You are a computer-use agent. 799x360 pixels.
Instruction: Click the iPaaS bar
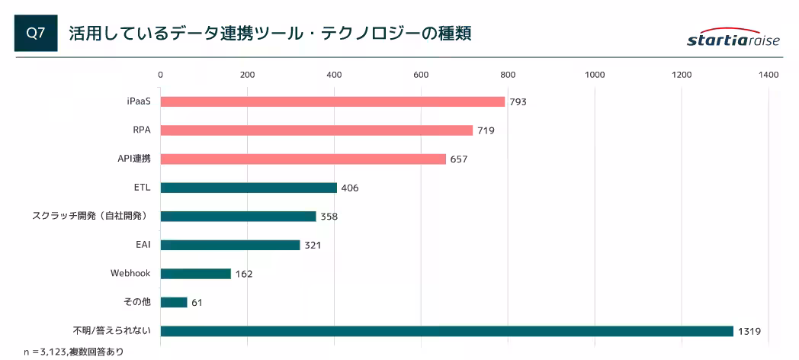(x=332, y=101)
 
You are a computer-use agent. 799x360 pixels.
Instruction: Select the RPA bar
(x=316, y=130)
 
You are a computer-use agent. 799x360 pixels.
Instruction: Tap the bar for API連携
(x=303, y=159)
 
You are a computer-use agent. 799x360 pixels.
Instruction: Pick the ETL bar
(x=249, y=188)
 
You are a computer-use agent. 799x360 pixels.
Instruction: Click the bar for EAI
(x=230, y=245)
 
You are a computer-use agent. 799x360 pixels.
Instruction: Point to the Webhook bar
(x=195, y=273)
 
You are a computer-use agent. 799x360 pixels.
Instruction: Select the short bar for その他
(x=174, y=302)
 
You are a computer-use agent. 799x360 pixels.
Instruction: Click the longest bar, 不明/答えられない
(x=447, y=331)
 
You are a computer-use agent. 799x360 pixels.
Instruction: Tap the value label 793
(x=518, y=101)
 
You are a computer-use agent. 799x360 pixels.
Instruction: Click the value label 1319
(x=749, y=331)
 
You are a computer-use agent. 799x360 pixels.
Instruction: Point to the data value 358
(x=329, y=217)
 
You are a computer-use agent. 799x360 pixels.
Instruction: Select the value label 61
(x=197, y=303)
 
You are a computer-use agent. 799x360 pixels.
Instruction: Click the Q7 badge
(x=36, y=34)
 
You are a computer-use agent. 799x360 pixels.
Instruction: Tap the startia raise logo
(x=733, y=40)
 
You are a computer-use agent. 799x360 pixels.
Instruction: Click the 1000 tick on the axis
(x=594, y=75)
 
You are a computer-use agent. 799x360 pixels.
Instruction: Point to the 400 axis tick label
(x=333, y=75)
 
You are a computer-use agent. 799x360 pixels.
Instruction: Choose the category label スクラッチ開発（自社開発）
(x=90, y=216)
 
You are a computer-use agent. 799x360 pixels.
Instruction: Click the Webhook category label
(x=131, y=273)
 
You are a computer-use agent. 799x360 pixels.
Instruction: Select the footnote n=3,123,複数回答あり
(x=73, y=352)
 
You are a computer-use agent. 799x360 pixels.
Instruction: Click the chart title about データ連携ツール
(x=270, y=34)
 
